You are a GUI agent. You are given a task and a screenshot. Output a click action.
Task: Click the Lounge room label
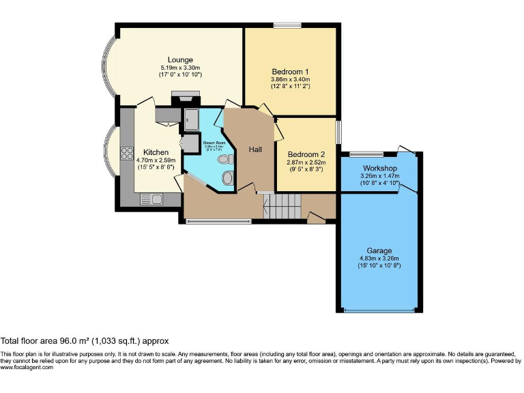tap(180, 59)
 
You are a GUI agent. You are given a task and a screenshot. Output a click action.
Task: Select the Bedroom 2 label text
tap(306, 154)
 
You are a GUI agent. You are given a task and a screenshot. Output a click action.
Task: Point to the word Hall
tap(255, 149)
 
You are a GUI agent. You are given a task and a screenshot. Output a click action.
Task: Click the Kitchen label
tap(156, 151)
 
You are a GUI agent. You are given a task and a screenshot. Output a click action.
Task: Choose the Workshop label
tap(380, 168)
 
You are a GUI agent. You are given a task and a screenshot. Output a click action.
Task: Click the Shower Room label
tap(204, 143)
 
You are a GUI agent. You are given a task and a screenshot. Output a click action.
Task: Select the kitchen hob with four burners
tap(126, 154)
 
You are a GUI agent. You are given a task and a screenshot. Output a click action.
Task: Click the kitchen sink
tap(150, 199)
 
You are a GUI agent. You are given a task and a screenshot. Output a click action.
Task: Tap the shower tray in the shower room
tap(192, 120)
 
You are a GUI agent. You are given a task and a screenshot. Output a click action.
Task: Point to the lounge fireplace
tap(186, 98)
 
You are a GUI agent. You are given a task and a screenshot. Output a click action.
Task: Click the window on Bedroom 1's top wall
tap(287, 25)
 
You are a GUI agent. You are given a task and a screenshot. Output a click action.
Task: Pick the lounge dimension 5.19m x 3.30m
tap(180, 68)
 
